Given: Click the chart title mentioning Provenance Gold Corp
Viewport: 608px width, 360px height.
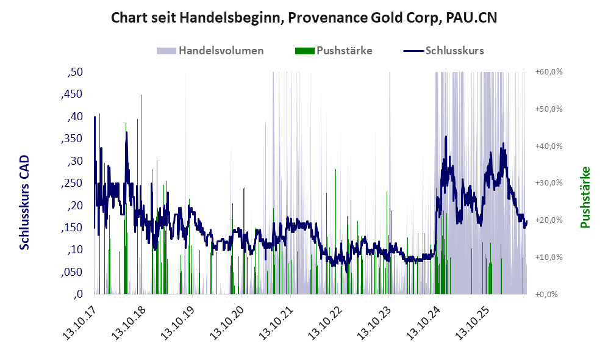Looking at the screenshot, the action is (x=304, y=18).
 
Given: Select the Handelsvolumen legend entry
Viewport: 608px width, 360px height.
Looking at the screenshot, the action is (x=210, y=51).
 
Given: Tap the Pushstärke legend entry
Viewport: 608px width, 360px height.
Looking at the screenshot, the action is (x=334, y=51).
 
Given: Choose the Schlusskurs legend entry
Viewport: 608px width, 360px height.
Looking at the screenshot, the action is (x=443, y=51).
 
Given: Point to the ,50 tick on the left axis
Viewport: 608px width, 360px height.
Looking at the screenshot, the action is (x=75, y=72).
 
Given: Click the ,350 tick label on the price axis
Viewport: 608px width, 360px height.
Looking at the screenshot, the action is (x=72, y=139).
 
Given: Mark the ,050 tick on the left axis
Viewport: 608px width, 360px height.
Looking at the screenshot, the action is (x=72, y=272).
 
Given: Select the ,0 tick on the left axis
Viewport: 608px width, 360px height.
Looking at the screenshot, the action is (x=78, y=294).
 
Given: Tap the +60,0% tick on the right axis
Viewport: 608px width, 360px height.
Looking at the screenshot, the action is (x=549, y=72).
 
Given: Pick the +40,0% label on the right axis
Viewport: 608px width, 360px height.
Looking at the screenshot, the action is (x=549, y=146).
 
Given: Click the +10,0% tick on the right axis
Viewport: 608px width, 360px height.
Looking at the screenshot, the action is (x=549, y=257).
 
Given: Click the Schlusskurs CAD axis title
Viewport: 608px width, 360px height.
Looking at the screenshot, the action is (x=24, y=203).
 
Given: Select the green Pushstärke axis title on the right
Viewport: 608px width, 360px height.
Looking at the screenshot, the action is (x=585, y=197).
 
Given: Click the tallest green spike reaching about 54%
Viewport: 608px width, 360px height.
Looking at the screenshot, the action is (x=141, y=194).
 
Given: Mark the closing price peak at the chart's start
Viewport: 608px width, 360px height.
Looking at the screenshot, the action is (x=95, y=117).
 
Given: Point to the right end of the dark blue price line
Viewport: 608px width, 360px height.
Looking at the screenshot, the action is (x=526, y=221).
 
